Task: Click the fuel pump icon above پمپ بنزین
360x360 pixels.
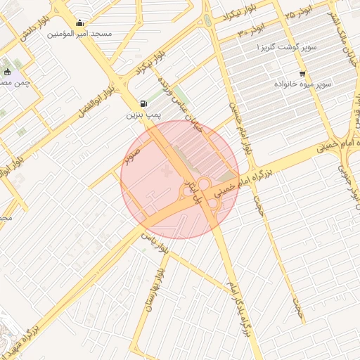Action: (x=144, y=102)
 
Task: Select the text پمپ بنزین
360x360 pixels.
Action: (x=144, y=112)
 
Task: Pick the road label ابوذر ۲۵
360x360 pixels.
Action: (x=299, y=14)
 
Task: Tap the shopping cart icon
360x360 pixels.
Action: (x=302, y=74)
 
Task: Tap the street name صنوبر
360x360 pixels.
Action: (x=133, y=153)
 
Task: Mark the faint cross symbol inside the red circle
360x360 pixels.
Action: (x=167, y=172)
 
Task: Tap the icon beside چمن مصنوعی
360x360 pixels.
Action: (x=8, y=72)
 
